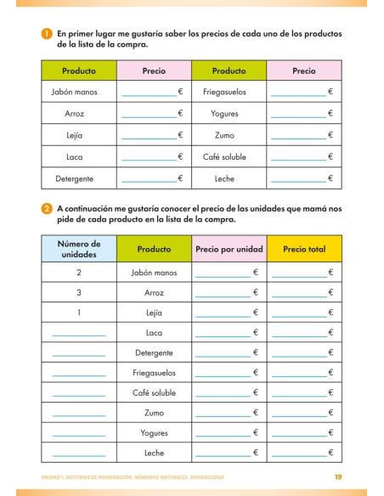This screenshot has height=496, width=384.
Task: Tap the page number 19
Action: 338,477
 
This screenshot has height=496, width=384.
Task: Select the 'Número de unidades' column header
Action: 78,249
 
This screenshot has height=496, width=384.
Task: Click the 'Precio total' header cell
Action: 304,250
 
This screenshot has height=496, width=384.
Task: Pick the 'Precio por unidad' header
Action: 229,250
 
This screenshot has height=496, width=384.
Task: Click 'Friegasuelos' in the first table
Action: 229,91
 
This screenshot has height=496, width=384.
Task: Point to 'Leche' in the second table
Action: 154,454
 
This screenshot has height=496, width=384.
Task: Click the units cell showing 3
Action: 78,292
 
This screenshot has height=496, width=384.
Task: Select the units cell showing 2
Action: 78,272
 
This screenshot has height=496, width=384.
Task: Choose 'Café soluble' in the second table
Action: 154,392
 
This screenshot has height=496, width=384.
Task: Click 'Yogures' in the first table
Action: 229,113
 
